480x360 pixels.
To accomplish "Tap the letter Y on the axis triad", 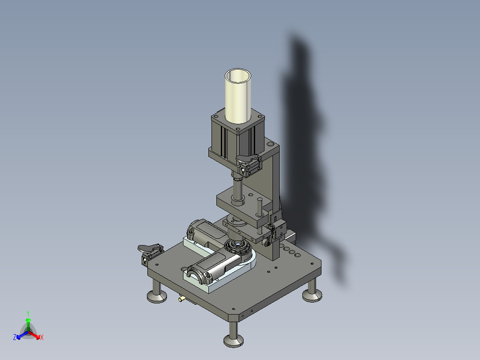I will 28,313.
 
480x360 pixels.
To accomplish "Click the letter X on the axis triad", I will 42,338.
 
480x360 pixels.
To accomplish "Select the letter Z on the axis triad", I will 15,338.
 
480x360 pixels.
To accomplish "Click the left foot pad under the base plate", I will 157,296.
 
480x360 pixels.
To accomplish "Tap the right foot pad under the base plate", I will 312,295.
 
